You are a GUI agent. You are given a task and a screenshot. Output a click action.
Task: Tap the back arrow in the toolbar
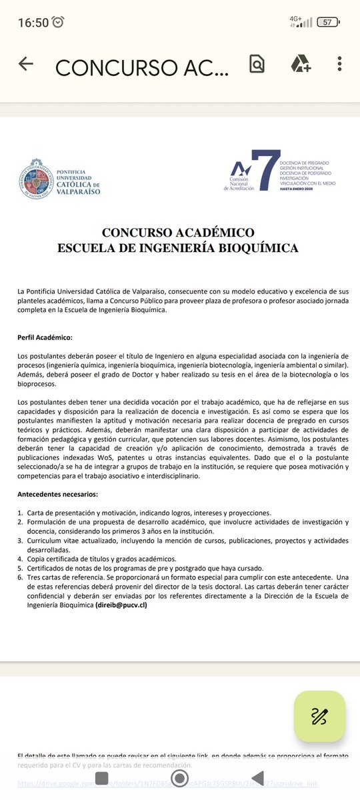tap(26, 64)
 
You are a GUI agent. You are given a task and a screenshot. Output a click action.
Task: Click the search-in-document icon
tap(257, 64)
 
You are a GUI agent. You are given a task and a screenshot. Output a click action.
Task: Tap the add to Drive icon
tap(300, 64)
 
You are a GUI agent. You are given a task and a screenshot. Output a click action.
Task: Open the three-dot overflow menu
tap(339, 64)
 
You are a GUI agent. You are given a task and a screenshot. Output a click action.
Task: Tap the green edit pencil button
tap(319, 716)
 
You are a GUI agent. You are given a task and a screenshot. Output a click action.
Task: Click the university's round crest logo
tap(37, 178)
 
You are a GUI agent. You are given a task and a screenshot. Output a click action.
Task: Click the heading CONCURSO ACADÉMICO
tap(178, 233)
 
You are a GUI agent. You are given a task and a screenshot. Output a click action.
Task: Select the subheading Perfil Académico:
tap(45, 338)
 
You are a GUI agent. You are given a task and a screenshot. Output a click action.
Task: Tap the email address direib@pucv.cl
tap(121, 605)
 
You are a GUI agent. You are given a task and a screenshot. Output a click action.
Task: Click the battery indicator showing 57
tap(327, 22)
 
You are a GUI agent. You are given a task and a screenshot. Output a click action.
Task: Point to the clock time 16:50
tap(33, 23)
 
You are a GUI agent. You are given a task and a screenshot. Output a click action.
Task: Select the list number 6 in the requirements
tap(20, 577)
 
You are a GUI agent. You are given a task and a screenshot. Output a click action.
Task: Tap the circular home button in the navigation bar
tap(179, 778)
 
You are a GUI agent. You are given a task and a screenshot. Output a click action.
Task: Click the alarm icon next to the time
tap(59, 23)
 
